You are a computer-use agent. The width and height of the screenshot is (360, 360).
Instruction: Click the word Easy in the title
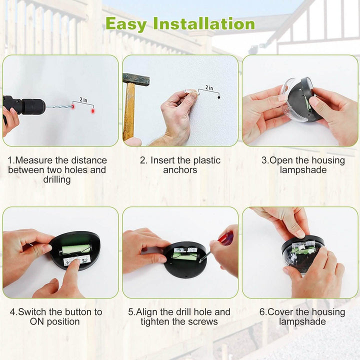[126, 23]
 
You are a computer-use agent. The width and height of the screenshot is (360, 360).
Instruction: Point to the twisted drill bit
[57, 106]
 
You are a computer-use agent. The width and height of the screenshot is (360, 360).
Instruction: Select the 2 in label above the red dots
[82, 99]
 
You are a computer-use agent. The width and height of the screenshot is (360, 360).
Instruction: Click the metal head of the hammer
[136, 78]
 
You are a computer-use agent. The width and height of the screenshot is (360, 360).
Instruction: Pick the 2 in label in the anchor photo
[208, 88]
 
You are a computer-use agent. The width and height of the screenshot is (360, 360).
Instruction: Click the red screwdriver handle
[226, 239]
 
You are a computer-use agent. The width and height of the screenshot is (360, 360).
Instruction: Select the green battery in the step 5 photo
[184, 255]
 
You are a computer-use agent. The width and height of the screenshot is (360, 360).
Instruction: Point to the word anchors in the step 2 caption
[180, 170]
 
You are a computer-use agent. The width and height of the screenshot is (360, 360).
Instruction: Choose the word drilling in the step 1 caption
[57, 179]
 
